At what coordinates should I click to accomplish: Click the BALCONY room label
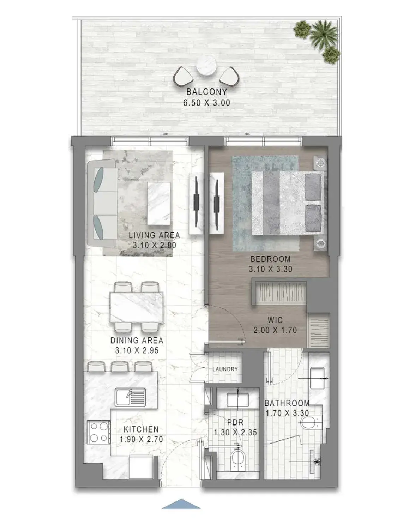[x=206, y=92]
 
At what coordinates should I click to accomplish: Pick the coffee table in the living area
[x=159, y=204]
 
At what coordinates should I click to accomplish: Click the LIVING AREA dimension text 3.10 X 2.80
[x=155, y=245]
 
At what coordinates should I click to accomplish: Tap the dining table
[x=137, y=307]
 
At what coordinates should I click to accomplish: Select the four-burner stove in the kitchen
[x=98, y=433]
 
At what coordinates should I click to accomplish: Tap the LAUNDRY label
[x=225, y=369]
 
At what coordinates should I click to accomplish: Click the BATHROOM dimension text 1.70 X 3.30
[x=287, y=413]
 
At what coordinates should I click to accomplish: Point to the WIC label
[x=275, y=320]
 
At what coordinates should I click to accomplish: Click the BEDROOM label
[x=270, y=259]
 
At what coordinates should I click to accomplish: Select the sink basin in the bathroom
[x=317, y=378]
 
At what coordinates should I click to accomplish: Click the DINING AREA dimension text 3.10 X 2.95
[x=137, y=350]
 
